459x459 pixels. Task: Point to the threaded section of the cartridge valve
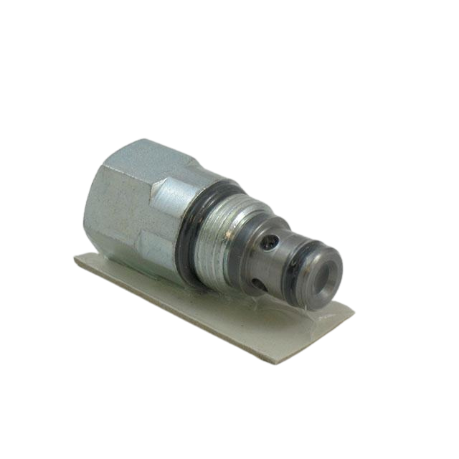pyautogui.click(x=219, y=237)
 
